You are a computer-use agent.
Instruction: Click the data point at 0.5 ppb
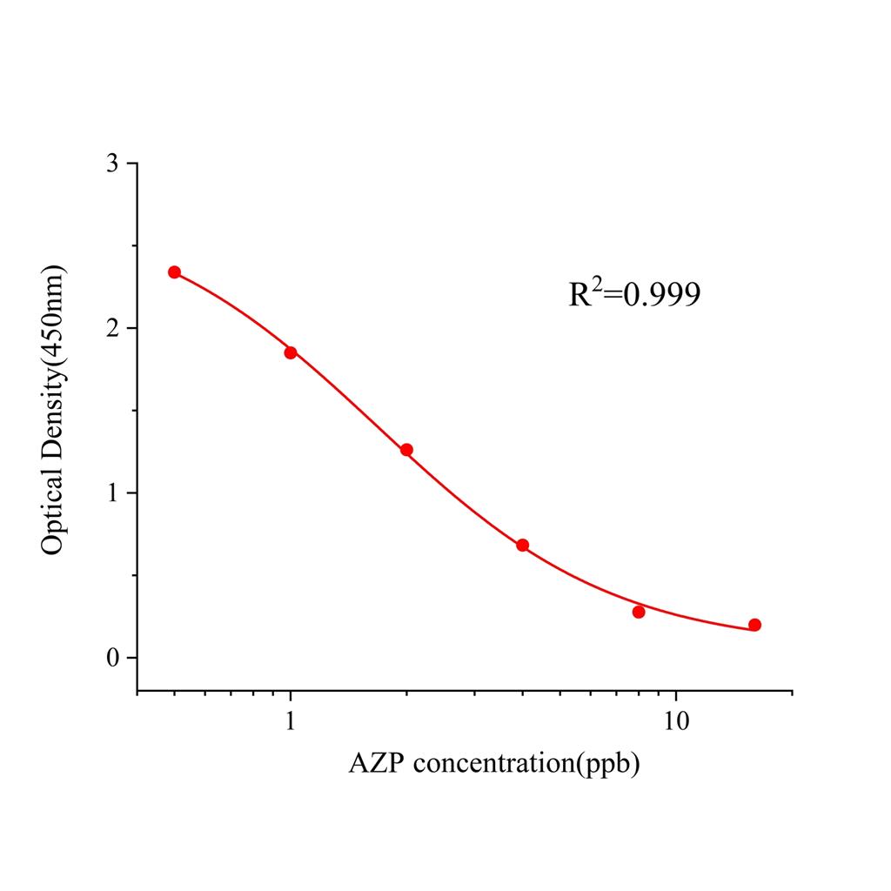174,272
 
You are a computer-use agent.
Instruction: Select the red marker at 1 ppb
291,352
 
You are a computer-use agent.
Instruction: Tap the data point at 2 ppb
406,450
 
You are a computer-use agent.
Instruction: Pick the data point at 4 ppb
522,546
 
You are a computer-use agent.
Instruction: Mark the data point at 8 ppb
639,612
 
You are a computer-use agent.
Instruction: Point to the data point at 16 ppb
754,625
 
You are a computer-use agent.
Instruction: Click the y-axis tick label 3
113,164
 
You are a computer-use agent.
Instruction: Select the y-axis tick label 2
113,329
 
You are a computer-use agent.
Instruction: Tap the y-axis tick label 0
113,659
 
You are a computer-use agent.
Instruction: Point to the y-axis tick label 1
113,493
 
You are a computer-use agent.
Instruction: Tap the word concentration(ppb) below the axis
526,765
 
